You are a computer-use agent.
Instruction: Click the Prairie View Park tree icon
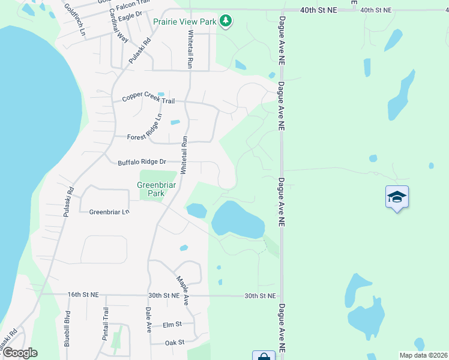pyautogui.click(x=226, y=22)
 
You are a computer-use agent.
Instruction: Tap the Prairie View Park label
pyautogui.click(x=184, y=22)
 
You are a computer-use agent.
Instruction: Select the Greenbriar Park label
pyautogui.click(x=151, y=189)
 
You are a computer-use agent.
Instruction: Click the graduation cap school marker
pyautogui.click(x=397, y=197)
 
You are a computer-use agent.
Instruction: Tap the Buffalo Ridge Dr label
pyautogui.click(x=142, y=162)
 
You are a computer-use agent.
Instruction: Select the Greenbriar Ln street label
pyautogui.click(x=109, y=212)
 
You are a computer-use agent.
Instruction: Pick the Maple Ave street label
pyautogui.click(x=183, y=290)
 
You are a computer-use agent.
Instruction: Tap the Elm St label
pyautogui.click(x=172, y=325)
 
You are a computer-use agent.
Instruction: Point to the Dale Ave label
pyautogui.click(x=148, y=320)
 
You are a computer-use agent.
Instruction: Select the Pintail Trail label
pyautogui.click(x=105, y=324)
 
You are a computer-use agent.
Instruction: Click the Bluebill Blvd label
pyautogui.click(x=68, y=329)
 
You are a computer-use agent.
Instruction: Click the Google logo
pyautogui.click(x=19, y=353)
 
